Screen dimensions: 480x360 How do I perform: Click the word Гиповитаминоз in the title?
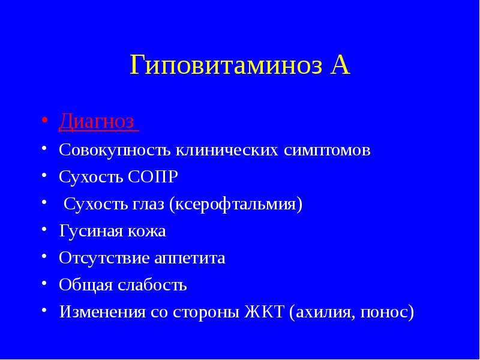point(226,65)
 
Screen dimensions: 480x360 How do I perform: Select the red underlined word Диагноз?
point(97,122)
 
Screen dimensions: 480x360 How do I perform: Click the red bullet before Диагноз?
point(44,119)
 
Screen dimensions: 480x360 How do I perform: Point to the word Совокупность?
point(115,151)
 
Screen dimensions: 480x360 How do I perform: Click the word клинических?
point(227,151)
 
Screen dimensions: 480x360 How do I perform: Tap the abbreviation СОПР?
point(152,177)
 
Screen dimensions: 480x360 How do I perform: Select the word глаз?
point(148,205)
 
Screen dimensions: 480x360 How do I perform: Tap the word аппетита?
point(190,259)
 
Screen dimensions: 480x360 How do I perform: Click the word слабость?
point(152,284)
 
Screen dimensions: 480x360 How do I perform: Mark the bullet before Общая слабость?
point(44,281)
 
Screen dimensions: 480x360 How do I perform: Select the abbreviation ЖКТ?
point(264,311)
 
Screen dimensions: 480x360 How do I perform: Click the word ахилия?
point(325,312)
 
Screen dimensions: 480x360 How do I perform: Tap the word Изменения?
point(102,311)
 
